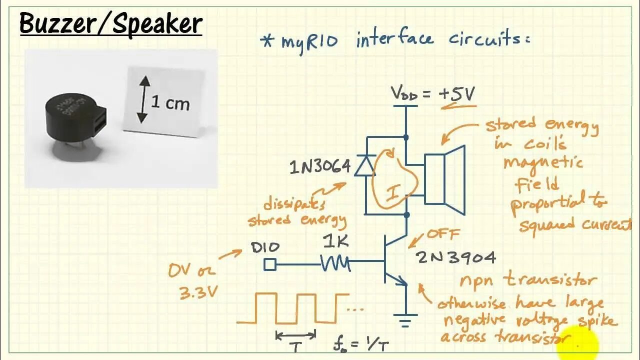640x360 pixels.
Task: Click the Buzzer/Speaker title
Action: pyautogui.click(x=110, y=23)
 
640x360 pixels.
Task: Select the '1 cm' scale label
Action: pyautogui.click(x=170, y=103)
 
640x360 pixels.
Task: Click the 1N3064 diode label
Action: pyautogui.click(x=320, y=167)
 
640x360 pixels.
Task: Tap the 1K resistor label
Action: pyautogui.click(x=336, y=242)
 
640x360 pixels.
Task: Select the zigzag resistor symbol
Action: pyautogui.click(x=335, y=262)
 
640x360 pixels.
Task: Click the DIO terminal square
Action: pyautogui.click(x=269, y=264)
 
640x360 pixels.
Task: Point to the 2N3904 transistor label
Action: pyautogui.click(x=456, y=257)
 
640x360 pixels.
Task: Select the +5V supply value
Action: pyautogui.click(x=456, y=94)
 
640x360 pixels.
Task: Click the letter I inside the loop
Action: pyautogui.click(x=393, y=193)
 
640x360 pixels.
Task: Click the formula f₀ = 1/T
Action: pyautogui.click(x=360, y=344)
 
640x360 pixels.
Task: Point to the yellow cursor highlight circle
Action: pyautogui.click(x=582, y=344)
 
